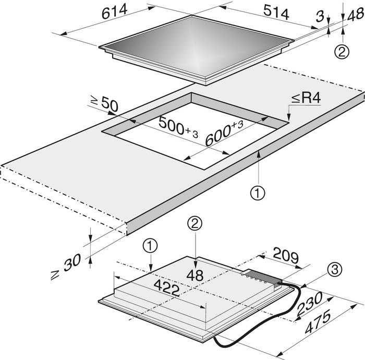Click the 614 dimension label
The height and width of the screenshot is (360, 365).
click(x=115, y=11)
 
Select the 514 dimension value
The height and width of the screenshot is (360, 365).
click(x=276, y=12)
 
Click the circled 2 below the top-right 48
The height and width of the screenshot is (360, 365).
click(x=342, y=52)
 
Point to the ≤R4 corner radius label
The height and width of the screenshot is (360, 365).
click(x=307, y=99)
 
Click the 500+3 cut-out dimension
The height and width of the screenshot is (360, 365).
click(x=178, y=128)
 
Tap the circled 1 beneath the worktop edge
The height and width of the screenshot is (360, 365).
click(x=258, y=193)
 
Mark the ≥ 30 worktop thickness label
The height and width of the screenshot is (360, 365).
click(x=66, y=267)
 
